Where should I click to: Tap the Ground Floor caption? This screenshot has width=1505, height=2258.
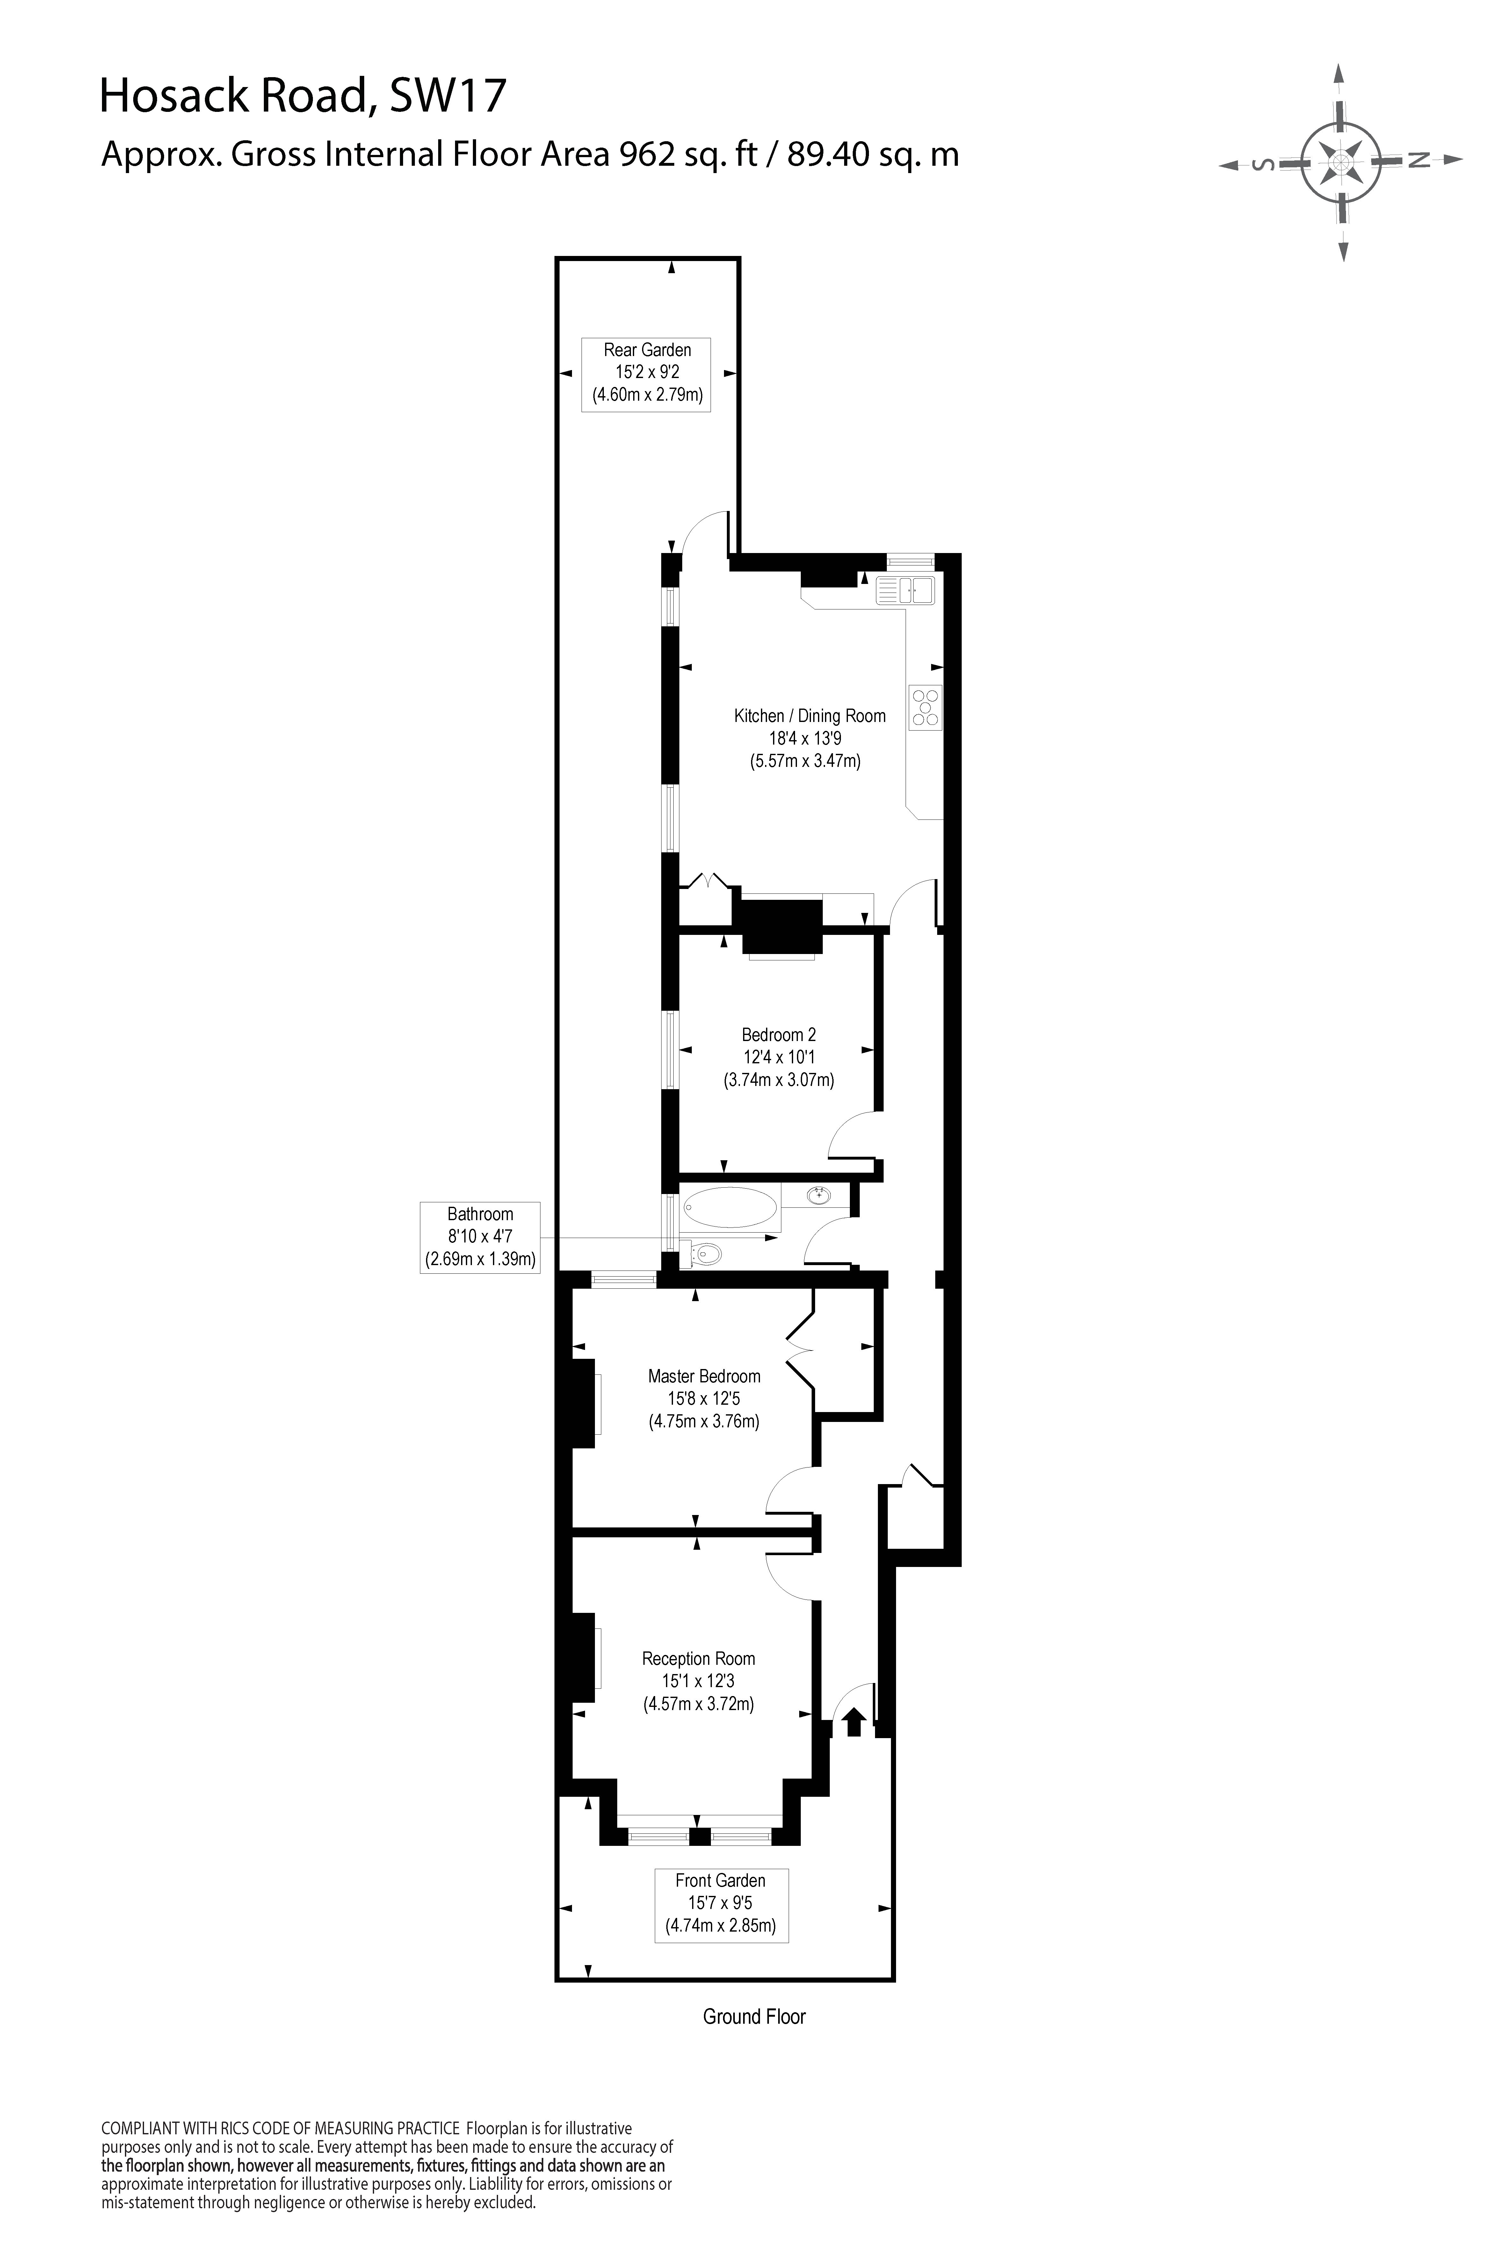click(x=754, y=2017)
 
